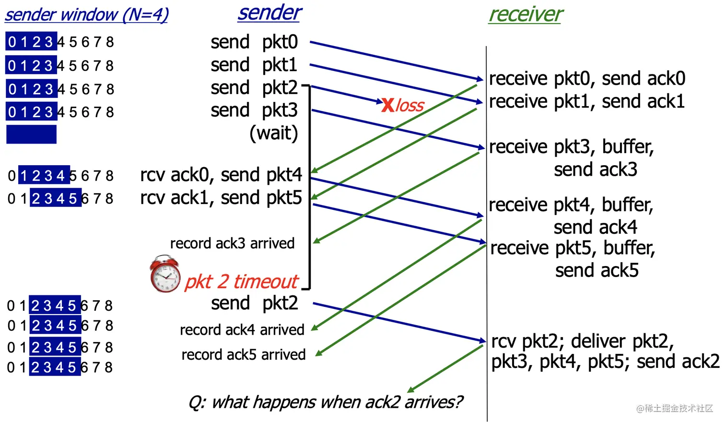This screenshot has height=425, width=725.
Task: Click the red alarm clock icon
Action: (165, 275)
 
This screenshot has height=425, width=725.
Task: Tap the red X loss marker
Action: (387, 105)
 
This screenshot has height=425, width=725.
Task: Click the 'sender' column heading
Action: (269, 13)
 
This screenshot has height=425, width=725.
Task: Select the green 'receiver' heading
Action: (526, 14)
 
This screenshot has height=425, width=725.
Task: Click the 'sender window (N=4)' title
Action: (87, 15)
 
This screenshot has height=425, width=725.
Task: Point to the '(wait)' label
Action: (273, 133)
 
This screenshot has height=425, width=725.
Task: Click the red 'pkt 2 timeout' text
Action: (241, 281)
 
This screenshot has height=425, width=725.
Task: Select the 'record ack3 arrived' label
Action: (232, 243)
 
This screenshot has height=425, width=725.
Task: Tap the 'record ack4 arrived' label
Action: (242, 330)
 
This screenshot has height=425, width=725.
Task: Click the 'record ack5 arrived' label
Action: (244, 355)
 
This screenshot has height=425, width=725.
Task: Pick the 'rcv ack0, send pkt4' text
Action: (221, 175)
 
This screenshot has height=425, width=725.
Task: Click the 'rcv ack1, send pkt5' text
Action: (221, 198)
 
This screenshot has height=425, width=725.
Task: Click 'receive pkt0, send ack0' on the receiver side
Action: (587, 78)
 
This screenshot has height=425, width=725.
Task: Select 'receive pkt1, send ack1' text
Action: (587, 101)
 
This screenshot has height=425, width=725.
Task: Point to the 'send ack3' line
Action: (596, 170)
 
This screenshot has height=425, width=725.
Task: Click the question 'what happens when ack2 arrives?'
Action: (326, 402)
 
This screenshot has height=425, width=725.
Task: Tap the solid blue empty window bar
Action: (32, 134)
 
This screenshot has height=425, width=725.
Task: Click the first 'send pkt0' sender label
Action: (254, 42)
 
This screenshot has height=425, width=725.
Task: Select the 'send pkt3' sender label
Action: (254, 110)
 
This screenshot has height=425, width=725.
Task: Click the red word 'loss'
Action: (410, 105)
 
